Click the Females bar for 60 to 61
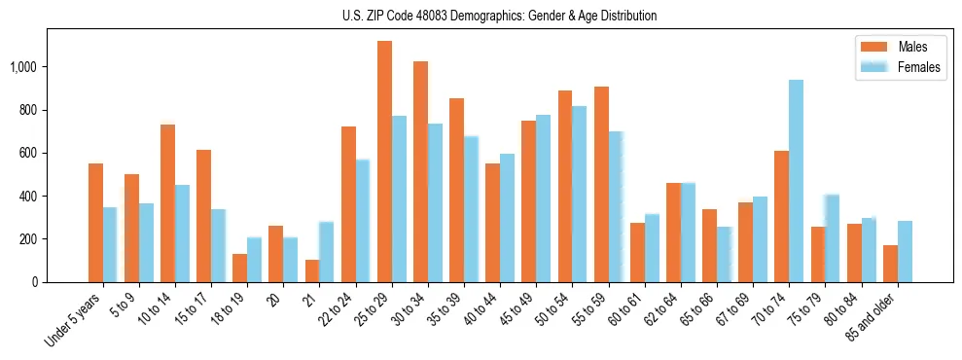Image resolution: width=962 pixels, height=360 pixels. click(652, 248)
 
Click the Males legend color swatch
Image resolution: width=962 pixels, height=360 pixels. click(873, 47)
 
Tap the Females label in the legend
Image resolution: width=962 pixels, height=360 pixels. click(919, 67)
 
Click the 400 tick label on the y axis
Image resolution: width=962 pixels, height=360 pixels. click(30, 196)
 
